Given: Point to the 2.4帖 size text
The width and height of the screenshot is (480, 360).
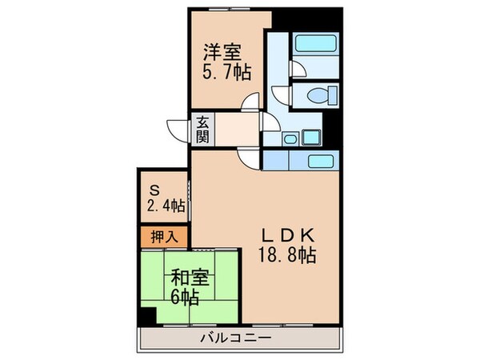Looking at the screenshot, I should click(166, 206).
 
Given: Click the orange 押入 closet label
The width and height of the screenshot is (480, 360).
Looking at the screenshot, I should click(164, 238).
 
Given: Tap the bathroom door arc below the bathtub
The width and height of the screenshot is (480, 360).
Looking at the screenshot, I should click(296, 69).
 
